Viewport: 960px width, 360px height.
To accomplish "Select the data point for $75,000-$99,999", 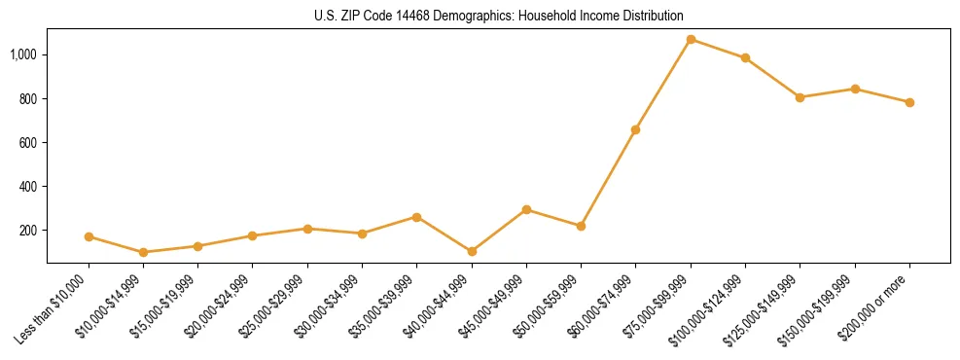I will point(691,40).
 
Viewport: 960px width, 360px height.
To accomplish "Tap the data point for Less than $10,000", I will point(89,236).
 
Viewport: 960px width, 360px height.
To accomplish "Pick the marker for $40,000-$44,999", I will point(472,251).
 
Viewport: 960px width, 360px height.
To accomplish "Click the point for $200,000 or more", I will point(909,102).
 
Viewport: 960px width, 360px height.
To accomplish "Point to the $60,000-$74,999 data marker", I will point(636,129).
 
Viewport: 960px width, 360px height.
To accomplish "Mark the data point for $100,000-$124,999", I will point(745,58).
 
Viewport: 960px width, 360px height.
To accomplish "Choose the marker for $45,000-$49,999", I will point(526,209).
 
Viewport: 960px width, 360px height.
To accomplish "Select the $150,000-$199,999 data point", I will point(855,89).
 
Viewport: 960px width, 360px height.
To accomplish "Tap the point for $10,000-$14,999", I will point(144,252).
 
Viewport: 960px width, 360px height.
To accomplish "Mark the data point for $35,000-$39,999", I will point(417,217).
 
